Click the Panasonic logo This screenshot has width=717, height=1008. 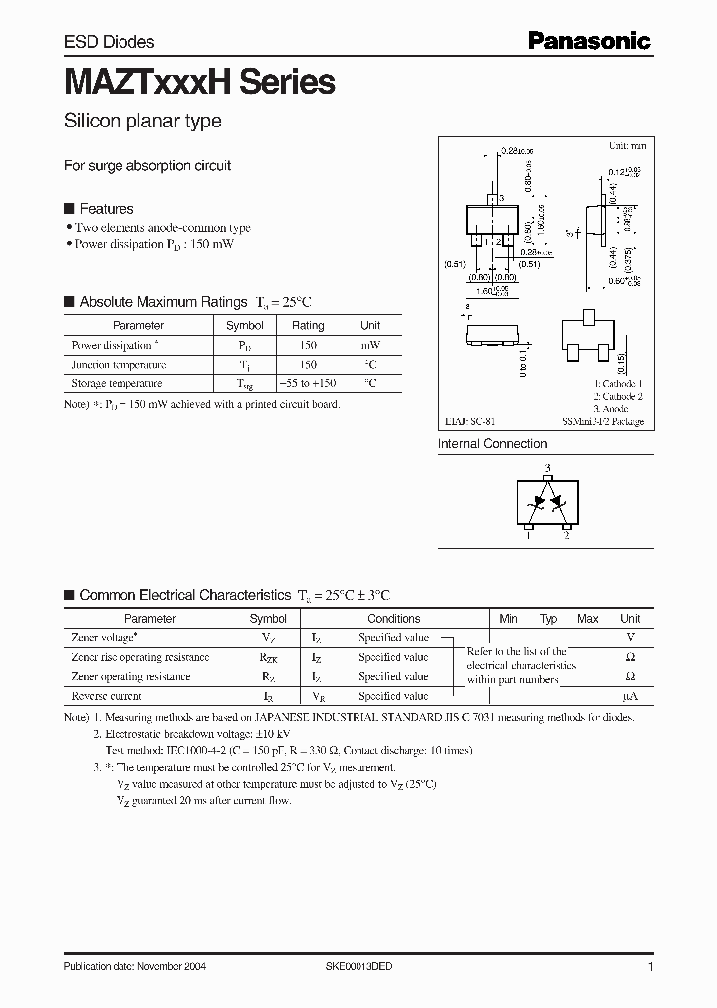589,41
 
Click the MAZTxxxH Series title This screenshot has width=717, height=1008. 199,81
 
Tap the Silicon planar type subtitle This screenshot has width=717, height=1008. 142,122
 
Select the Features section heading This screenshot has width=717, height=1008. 106,209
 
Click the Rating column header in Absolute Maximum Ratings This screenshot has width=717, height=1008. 308,325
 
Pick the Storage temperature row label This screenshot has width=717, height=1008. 117,383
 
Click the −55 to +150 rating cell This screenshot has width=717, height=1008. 307,383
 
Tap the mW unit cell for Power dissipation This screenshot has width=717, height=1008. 370,345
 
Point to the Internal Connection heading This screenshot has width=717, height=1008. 493,444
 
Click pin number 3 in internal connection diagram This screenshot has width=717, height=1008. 546,468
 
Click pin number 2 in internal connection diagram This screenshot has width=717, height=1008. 567,536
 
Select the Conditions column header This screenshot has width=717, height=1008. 394,619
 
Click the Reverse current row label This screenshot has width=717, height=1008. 107,696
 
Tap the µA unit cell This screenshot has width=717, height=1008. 630,696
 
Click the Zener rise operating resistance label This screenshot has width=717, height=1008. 140,657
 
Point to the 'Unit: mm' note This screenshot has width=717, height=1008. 627,145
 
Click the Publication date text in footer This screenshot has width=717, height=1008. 134,967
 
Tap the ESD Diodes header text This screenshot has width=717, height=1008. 109,42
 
